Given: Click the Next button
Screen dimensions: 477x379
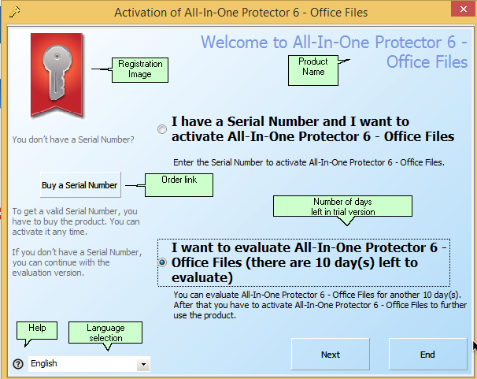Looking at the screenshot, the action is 331,354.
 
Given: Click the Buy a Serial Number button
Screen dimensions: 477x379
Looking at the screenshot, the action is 80,185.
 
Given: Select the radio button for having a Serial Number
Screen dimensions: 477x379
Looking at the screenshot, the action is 162,129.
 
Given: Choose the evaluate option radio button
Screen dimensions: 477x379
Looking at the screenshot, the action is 162,262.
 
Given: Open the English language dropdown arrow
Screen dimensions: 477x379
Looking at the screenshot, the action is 143,364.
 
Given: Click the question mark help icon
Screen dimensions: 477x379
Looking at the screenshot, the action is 18,363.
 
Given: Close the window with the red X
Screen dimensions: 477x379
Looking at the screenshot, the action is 464,9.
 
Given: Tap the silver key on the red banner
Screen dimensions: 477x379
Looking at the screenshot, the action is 57,72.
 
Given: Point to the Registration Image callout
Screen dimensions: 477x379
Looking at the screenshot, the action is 140,69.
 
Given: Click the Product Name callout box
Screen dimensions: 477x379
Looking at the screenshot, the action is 313,70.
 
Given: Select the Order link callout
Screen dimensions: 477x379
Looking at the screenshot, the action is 179,185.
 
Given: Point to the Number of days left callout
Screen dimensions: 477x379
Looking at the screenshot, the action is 342,206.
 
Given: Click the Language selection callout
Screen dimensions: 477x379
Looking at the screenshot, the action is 105,333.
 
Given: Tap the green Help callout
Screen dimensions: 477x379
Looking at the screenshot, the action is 37,330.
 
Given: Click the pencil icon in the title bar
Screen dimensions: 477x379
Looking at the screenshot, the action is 14,12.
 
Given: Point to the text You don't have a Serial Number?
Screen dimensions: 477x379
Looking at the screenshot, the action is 73,139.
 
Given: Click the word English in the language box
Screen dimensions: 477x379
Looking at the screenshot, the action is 44,363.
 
